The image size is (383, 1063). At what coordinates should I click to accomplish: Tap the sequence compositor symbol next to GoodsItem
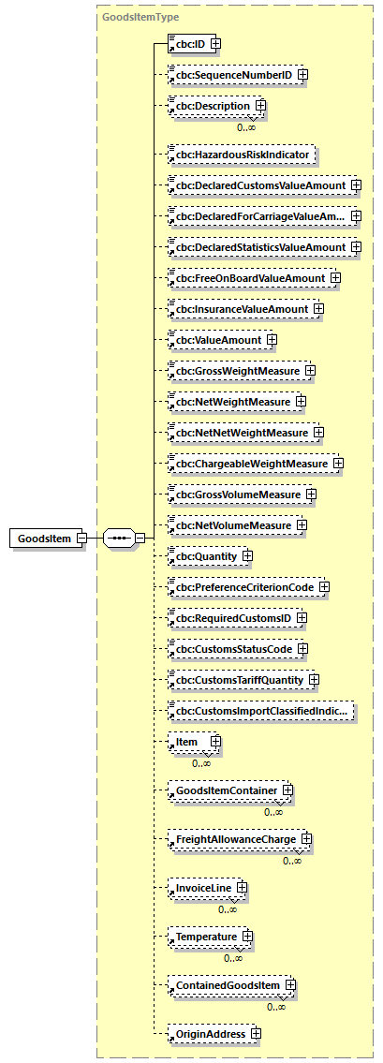[x=120, y=539]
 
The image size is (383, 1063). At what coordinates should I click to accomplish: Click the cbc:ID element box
[x=187, y=43]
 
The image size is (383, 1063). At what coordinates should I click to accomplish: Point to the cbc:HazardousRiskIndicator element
[x=240, y=154]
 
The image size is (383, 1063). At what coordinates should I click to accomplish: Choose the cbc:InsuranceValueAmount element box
[x=239, y=308]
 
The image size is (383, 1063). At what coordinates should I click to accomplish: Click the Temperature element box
[x=201, y=936]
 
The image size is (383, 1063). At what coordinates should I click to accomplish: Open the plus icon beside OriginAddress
[x=255, y=1034]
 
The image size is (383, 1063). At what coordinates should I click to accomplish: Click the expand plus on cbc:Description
[x=260, y=106]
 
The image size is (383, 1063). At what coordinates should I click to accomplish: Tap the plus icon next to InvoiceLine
[x=241, y=886]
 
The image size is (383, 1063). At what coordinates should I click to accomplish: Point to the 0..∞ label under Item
[x=201, y=763]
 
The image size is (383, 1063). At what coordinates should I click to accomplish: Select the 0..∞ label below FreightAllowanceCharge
[x=293, y=861]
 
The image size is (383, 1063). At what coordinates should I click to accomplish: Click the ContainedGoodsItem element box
[x=225, y=985]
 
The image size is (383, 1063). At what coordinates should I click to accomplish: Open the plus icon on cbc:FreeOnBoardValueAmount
[x=334, y=277]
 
